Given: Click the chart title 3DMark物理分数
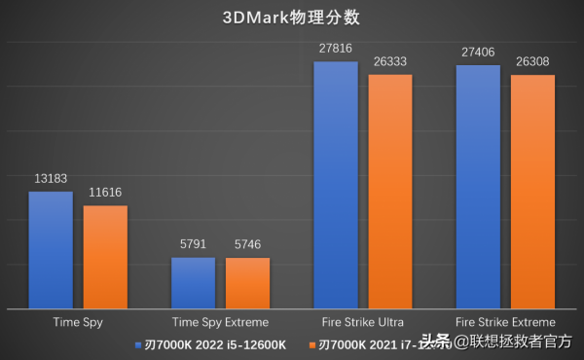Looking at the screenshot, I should tap(291, 18).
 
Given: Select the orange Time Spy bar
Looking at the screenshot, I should tap(105, 257).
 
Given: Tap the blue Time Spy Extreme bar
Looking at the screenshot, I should tap(193, 282).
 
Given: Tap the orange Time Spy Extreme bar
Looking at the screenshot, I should tap(247, 282).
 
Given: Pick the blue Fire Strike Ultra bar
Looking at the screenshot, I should tap(335, 185).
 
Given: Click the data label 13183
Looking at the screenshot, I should tap(51, 179).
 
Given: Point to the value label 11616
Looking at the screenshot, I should tap(105, 193).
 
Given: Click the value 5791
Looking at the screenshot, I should tap(193, 245).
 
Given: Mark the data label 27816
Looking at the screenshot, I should tap(335, 49).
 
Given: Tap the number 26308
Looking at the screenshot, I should tap(532, 61).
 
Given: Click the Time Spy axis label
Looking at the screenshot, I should tap(78, 321).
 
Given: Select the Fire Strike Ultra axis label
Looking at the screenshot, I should tap(362, 321).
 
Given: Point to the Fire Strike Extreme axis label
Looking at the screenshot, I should tap(505, 321).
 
